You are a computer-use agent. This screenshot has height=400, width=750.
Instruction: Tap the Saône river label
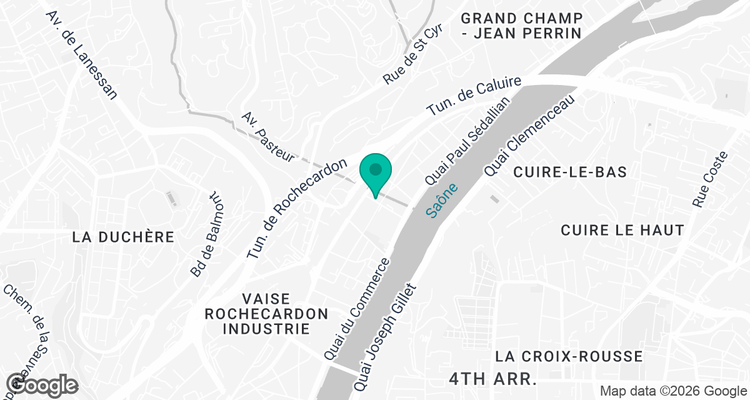[x=442, y=200]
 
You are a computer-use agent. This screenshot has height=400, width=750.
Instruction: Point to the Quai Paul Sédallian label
[x=467, y=140]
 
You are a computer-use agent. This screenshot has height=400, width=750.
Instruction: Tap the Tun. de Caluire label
[x=474, y=96]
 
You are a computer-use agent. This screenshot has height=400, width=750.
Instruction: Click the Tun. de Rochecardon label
[x=297, y=209]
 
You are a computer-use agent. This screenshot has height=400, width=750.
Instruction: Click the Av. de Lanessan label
[x=81, y=55]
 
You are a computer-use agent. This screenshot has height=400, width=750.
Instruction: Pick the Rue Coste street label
[x=711, y=179]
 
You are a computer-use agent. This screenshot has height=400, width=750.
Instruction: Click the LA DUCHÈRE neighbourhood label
[x=122, y=237]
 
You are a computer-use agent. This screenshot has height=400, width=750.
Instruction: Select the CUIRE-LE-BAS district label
[x=569, y=172]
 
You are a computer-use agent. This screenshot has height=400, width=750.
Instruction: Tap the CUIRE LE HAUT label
[x=622, y=230]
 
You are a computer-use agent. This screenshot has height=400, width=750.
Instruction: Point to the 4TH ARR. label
[x=493, y=379]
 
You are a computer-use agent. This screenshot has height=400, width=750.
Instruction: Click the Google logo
[x=42, y=384]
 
